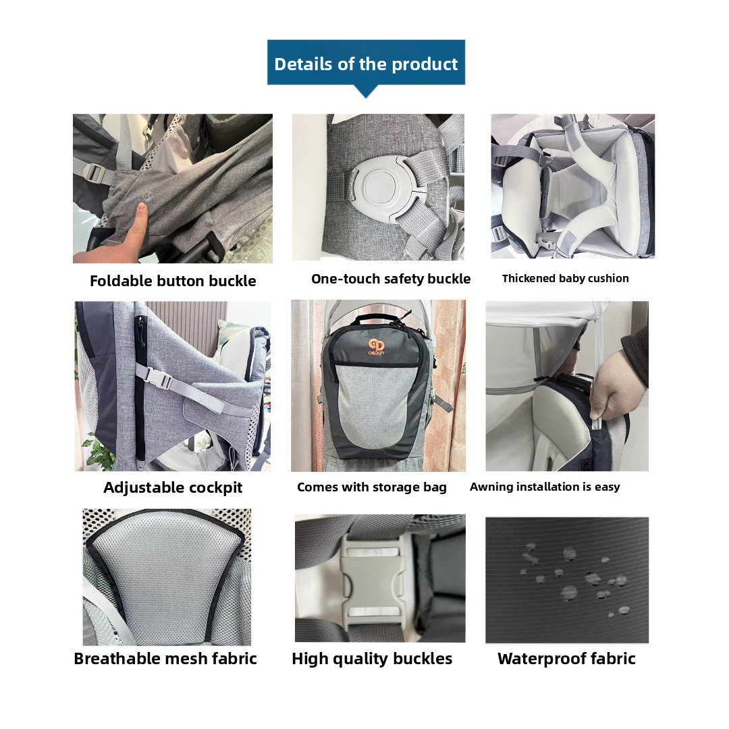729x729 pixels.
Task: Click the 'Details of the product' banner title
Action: [366, 63]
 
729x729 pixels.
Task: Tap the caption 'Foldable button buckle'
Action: [173, 281]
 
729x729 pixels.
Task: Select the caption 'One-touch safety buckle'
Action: [391, 279]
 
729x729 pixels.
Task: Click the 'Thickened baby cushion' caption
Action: [566, 278]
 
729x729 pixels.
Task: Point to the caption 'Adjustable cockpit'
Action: [173, 487]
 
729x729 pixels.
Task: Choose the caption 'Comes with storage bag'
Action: [371, 487]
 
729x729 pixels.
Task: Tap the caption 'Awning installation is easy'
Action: [545, 486]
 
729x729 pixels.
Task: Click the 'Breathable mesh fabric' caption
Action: [165, 658]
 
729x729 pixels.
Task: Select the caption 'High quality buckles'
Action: [372, 659]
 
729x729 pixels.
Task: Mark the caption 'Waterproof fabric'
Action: [566, 658]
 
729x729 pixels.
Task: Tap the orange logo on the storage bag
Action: [376, 346]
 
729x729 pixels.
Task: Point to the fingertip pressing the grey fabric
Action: [141, 210]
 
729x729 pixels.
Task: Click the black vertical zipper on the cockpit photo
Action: [140, 386]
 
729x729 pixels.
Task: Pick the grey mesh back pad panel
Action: [166, 579]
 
